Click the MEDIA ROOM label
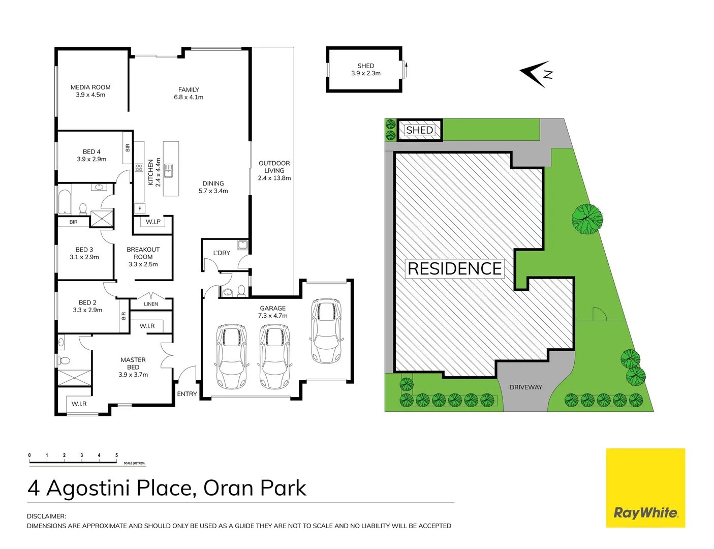coord(90,87)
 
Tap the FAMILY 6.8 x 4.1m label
coord(189,93)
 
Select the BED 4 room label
coord(91,155)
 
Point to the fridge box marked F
coord(140,208)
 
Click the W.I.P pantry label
coord(153,222)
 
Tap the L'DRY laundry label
coord(222,253)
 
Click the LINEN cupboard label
coord(151,304)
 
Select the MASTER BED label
coord(133,363)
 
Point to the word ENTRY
coord(187,394)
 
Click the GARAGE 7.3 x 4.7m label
coord(273,312)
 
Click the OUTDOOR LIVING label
coord(274,170)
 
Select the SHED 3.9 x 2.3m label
coord(366,70)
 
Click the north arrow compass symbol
coord(536,74)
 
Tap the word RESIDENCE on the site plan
coord(455,268)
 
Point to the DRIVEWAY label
coord(525,387)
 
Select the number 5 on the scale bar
coord(116,455)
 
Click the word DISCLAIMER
coord(46,516)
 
